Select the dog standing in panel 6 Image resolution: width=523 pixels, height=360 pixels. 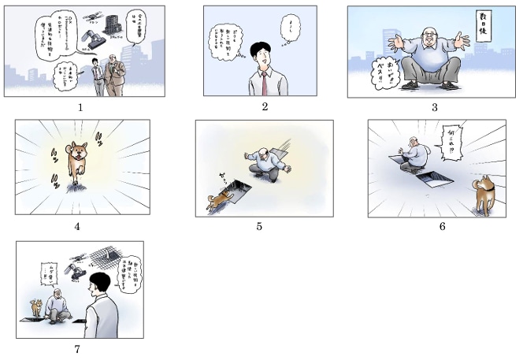pyautogui.click(x=482, y=193)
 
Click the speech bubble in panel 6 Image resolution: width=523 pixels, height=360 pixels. pyautogui.click(x=453, y=141)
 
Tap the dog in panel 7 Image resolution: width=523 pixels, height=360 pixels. pyautogui.click(x=35, y=307)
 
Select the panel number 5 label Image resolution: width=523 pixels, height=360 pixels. pyautogui.click(x=259, y=227)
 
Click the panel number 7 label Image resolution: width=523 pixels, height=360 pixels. pyautogui.click(x=77, y=348)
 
